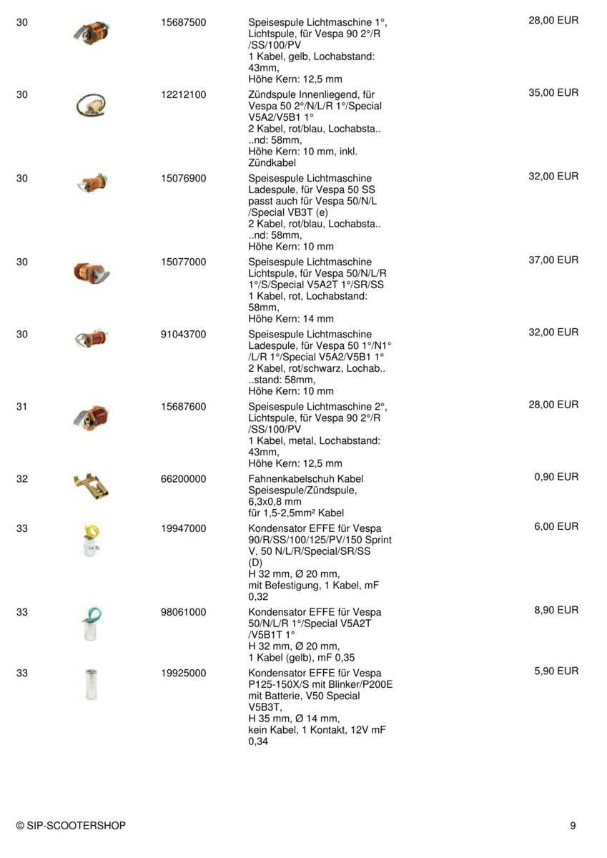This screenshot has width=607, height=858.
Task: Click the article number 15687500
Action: click(x=184, y=23)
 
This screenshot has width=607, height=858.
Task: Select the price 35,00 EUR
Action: click(x=553, y=93)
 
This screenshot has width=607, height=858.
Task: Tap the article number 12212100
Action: click(x=184, y=94)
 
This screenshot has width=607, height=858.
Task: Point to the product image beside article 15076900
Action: click(x=92, y=184)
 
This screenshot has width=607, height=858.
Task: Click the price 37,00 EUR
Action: click(x=553, y=260)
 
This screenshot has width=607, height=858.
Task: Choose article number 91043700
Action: click(x=184, y=334)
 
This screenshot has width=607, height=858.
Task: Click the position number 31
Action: click(x=22, y=406)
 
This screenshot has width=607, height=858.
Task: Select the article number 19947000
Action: click(x=184, y=528)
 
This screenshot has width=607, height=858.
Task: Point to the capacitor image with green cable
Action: click(x=91, y=623)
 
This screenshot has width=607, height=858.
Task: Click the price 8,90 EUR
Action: click(x=556, y=611)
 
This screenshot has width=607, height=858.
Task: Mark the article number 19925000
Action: click(x=184, y=673)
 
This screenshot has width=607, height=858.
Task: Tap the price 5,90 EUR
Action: click(x=556, y=671)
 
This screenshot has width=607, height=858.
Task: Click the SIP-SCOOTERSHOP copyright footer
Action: click(x=71, y=826)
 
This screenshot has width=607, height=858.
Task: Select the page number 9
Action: click(x=573, y=826)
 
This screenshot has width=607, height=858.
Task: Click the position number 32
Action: click(x=22, y=478)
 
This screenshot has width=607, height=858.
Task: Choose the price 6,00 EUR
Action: click(x=556, y=527)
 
